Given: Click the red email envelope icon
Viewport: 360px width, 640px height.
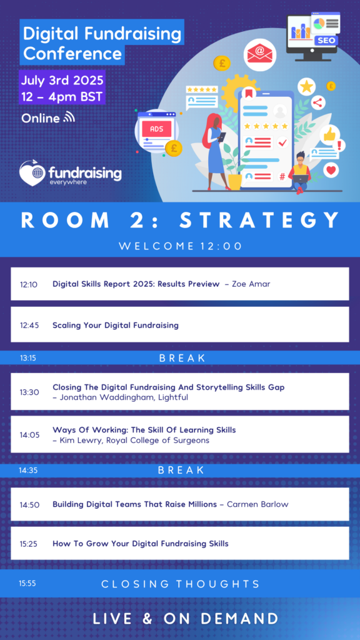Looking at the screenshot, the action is tap(259, 55).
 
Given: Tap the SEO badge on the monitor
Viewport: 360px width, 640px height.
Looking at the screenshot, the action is tap(326, 41).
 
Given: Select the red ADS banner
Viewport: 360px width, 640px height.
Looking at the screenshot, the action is tap(156, 129).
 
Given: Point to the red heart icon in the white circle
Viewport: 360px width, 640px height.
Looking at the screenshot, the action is tap(331, 170).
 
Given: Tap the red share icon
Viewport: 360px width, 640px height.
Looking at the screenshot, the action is tap(318, 102).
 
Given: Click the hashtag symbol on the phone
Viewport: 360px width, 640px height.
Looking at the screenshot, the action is tap(282, 176).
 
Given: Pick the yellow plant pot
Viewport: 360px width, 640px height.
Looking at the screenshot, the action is tap(235, 182).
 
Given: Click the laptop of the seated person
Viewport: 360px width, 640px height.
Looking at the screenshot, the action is tap(301, 178).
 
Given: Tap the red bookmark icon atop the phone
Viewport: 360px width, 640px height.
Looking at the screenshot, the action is tap(249, 94).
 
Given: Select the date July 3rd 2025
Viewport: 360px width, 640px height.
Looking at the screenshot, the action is tap(62, 79).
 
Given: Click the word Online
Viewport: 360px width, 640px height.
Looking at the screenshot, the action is tap(41, 118).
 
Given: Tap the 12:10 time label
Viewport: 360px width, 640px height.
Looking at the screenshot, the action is tap(29, 284).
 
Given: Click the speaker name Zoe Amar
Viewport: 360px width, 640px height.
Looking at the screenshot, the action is tap(251, 284).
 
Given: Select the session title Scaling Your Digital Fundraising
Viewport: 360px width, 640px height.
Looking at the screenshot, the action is tap(116, 325).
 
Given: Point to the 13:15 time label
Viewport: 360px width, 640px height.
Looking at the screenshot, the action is tap(29, 358).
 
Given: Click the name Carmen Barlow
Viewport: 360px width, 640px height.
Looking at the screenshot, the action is tap(257, 504).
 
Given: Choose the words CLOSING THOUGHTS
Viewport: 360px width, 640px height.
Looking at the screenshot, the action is tap(181, 584).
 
